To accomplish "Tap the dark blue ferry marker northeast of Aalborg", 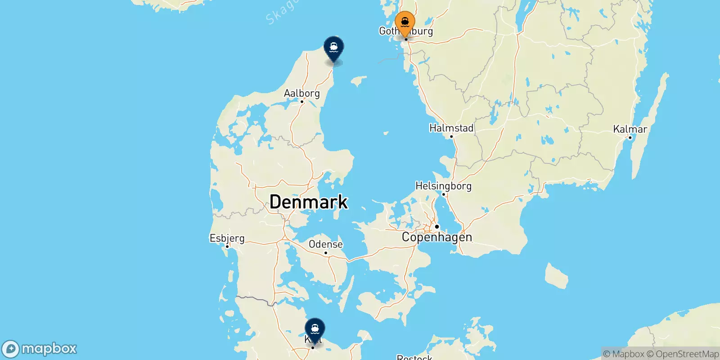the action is click(334, 48).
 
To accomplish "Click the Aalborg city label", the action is click(302, 93).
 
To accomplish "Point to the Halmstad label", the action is click(451, 128).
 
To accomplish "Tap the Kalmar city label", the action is click(630, 129).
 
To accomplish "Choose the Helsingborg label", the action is click(443, 186).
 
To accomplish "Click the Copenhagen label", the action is click(437, 237).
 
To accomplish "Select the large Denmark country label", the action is click(309, 202).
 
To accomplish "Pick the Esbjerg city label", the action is click(227, 238).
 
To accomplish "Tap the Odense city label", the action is click(326, 244).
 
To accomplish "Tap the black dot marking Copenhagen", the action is click(436, 226).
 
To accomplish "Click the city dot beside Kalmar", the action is click(630, 138).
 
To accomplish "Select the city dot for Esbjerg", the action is click(227, 246).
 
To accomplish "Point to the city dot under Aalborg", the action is click(302, 102).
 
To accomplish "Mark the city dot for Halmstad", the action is click(451, 136).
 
